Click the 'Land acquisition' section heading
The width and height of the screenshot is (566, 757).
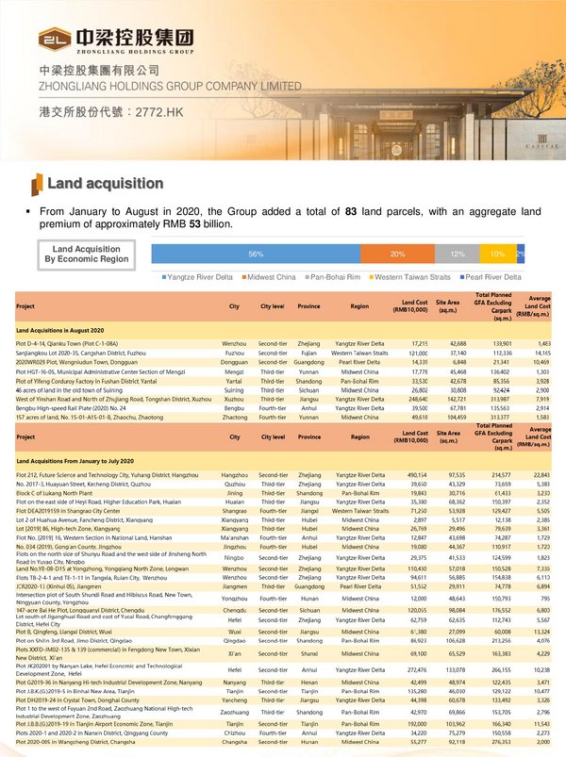tap(105, 183)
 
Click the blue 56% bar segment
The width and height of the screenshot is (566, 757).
tap(256, 255)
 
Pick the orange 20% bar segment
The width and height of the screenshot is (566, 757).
tap(397, 255)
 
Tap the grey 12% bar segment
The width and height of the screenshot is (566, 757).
tap(457, 255)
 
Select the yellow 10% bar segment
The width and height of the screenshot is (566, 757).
tap(497, 255)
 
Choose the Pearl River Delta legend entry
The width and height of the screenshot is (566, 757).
tap(488, 277)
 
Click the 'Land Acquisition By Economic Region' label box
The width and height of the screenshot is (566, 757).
tap(91, 255)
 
